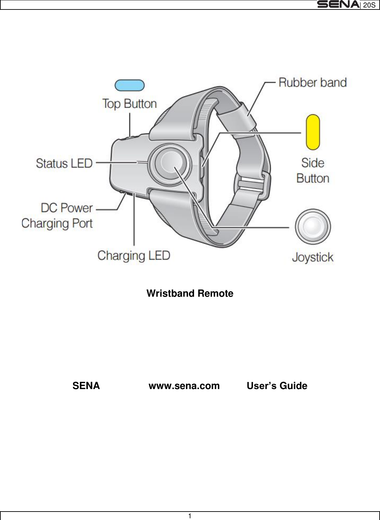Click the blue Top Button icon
tap(129, 85)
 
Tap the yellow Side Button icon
tap(313, 132)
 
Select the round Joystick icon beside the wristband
tap(313, 226)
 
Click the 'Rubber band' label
tap(313, 83)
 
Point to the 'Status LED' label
tap(64, 163)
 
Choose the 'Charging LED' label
tap(134, 255)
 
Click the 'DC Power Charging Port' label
tap(57, 216)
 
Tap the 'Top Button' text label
tap(129, 104)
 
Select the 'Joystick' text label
tap(313, 257)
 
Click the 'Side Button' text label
tap(313, 171)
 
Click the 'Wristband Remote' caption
tap(190, 293)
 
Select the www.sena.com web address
tap(184, 386)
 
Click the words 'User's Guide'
tap(277, 386)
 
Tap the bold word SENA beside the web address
tap(86, 386)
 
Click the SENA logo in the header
tap(338, 5)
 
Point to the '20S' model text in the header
tap(369, 5)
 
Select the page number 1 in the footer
tap(190, 516)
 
